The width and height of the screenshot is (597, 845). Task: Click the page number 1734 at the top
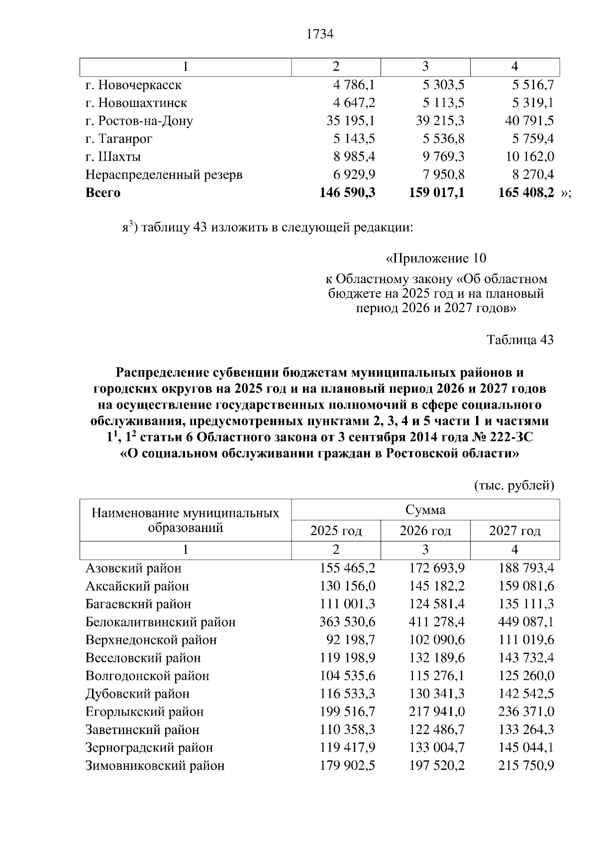319,34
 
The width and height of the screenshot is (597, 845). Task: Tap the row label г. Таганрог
119,139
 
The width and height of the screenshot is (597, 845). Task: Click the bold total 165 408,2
526,193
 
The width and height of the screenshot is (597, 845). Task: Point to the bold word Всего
103,193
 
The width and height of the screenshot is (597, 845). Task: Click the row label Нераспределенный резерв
164,175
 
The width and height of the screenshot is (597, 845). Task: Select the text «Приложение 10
436,259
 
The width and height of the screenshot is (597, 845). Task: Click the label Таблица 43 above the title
520,340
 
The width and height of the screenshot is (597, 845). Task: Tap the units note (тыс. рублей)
514,485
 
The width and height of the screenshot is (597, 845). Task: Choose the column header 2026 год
425,531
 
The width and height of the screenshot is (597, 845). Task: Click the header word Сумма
425,510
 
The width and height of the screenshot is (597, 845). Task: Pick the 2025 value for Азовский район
347,568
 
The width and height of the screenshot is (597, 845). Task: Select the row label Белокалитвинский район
160,622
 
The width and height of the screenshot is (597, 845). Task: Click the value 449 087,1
526,622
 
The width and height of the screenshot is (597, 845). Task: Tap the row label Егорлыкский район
144,712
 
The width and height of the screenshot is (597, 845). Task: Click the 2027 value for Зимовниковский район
526,765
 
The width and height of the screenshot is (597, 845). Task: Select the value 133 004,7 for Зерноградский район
436,747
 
